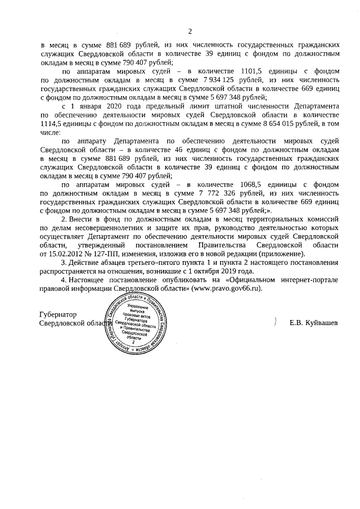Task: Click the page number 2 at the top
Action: pos(190,31)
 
